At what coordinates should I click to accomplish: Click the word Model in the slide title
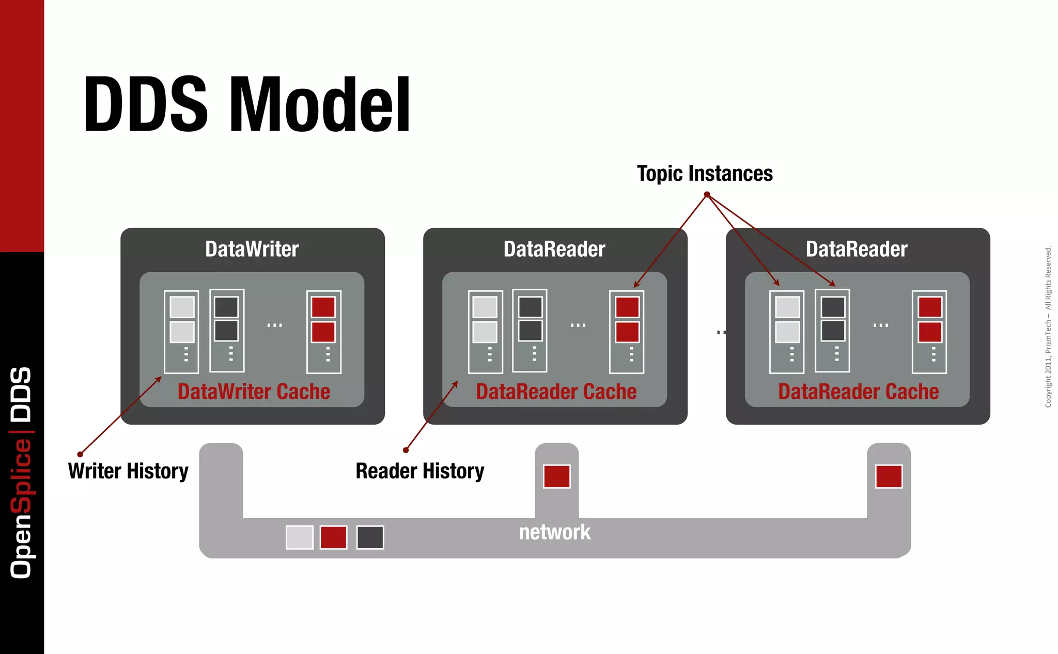(320, 104)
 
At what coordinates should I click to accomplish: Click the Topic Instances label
(705, 174)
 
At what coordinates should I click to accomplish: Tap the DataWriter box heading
(252, 249)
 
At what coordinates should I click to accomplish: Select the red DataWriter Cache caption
(254, 392)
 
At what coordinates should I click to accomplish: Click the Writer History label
(128, 471)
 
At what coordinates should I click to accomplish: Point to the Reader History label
(419, 471)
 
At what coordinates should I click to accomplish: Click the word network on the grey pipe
(554, 532)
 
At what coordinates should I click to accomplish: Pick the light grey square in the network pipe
(300, 537)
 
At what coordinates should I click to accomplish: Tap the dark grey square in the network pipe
(370, 537)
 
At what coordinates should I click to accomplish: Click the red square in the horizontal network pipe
(333, 537)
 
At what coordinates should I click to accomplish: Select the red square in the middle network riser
(556, 476)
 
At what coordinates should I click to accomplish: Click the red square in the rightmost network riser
(889, 476)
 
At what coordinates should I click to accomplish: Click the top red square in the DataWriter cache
(323, 307)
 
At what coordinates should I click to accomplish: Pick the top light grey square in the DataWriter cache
(182, 307)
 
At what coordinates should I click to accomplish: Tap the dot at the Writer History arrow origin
(80, 455)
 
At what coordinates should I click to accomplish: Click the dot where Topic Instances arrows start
(707, 195)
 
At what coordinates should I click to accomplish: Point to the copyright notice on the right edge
(1048, 326)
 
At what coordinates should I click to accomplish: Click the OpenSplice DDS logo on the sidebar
(21, 472)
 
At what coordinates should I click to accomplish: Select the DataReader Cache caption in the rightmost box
(858, 392)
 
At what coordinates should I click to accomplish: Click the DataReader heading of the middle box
(554, 249)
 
